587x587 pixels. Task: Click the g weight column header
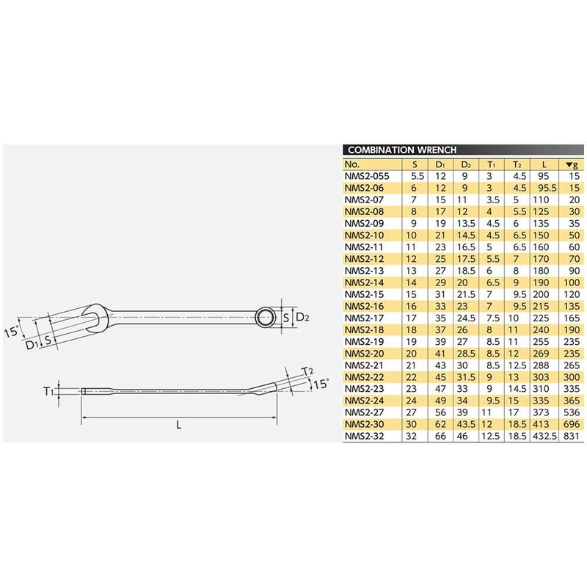pyautogui.click(x=573, y=164)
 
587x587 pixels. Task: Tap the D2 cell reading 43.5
pyautogui.click(x=464, y=425)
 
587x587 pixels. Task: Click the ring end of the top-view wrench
pyautogui.click(x=265, y=316)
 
